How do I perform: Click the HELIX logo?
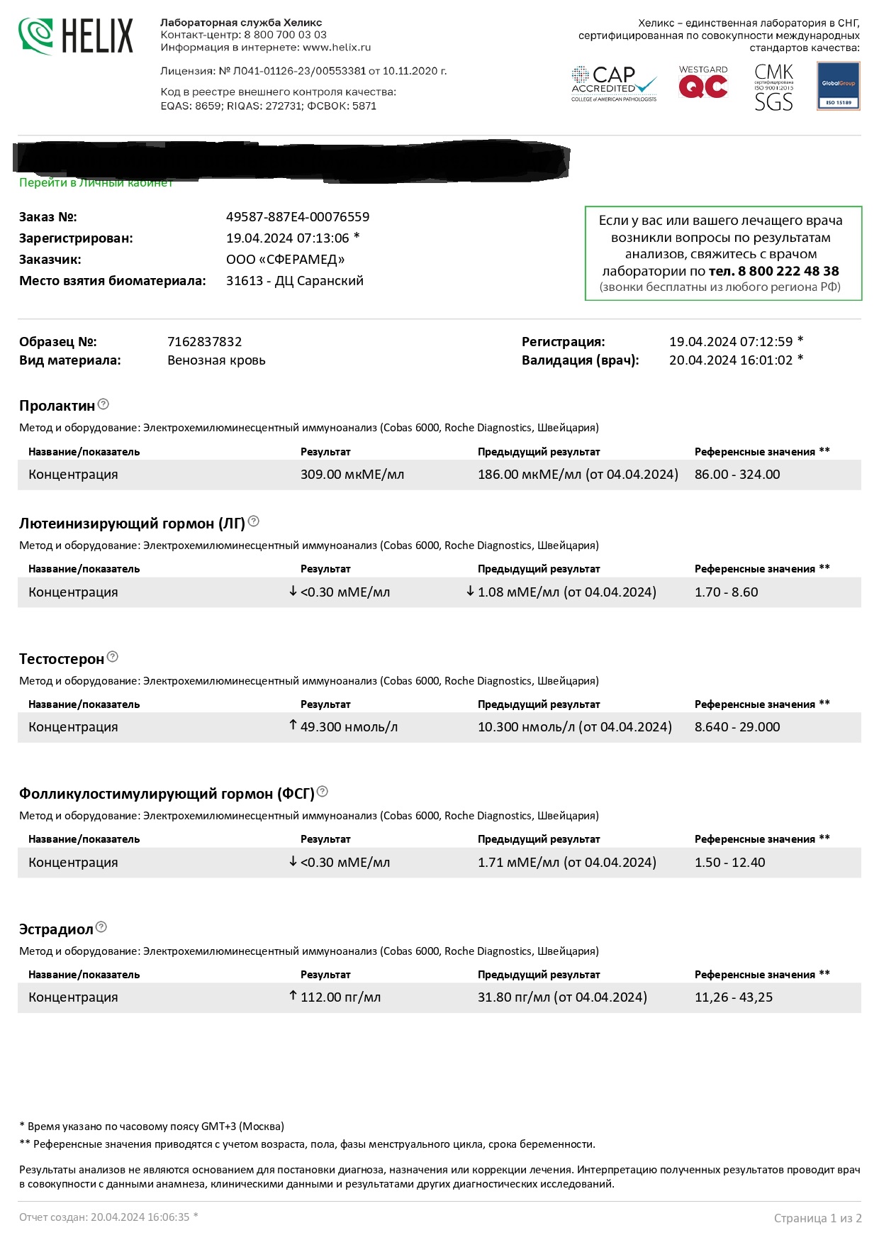pyautogui.click(x=75, y=35)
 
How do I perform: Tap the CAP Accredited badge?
pyautogui.click(x=614, y=84)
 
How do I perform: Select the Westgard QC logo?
pyautogui.click(x=702, y=82)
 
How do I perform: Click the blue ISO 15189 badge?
pyautogui.click(x=838, y=86)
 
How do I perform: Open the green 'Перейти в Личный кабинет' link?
pyautogui.click(x=96, y=183)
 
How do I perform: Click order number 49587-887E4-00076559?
pyautogui.click(x=298, y=217)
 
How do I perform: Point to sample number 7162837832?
pyautogui.click(x=204, y=342)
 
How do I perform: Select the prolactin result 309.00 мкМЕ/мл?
pyautogui.click(x=352, y=475)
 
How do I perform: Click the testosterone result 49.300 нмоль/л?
pyautogui.click(x=349, y=727)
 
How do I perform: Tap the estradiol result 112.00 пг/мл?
pyautogui.click(x=340, y=997)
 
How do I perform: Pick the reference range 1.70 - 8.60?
pyautogui.click(x=726, y=592)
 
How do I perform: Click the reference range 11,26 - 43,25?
pyautogui.click(x=734, y=997)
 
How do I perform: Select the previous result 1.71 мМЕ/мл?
pyautogui.click(x=566, y=863)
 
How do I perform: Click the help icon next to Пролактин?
pyautogui.click(x=103, y=404)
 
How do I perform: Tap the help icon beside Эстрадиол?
pyautogui.click(x=101, y=927)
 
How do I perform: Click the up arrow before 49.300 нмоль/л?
pyautogui.click(x=293, y=725)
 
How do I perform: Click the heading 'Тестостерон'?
pyautogui.click(x=62, y=659)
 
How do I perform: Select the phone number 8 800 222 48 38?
pyautogui.click(x=788, y=271)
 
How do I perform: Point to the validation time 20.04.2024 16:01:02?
pyautogui.click(x=731, y=360)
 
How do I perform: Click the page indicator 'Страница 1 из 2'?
pyautogui.click(x=817, y=1218)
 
